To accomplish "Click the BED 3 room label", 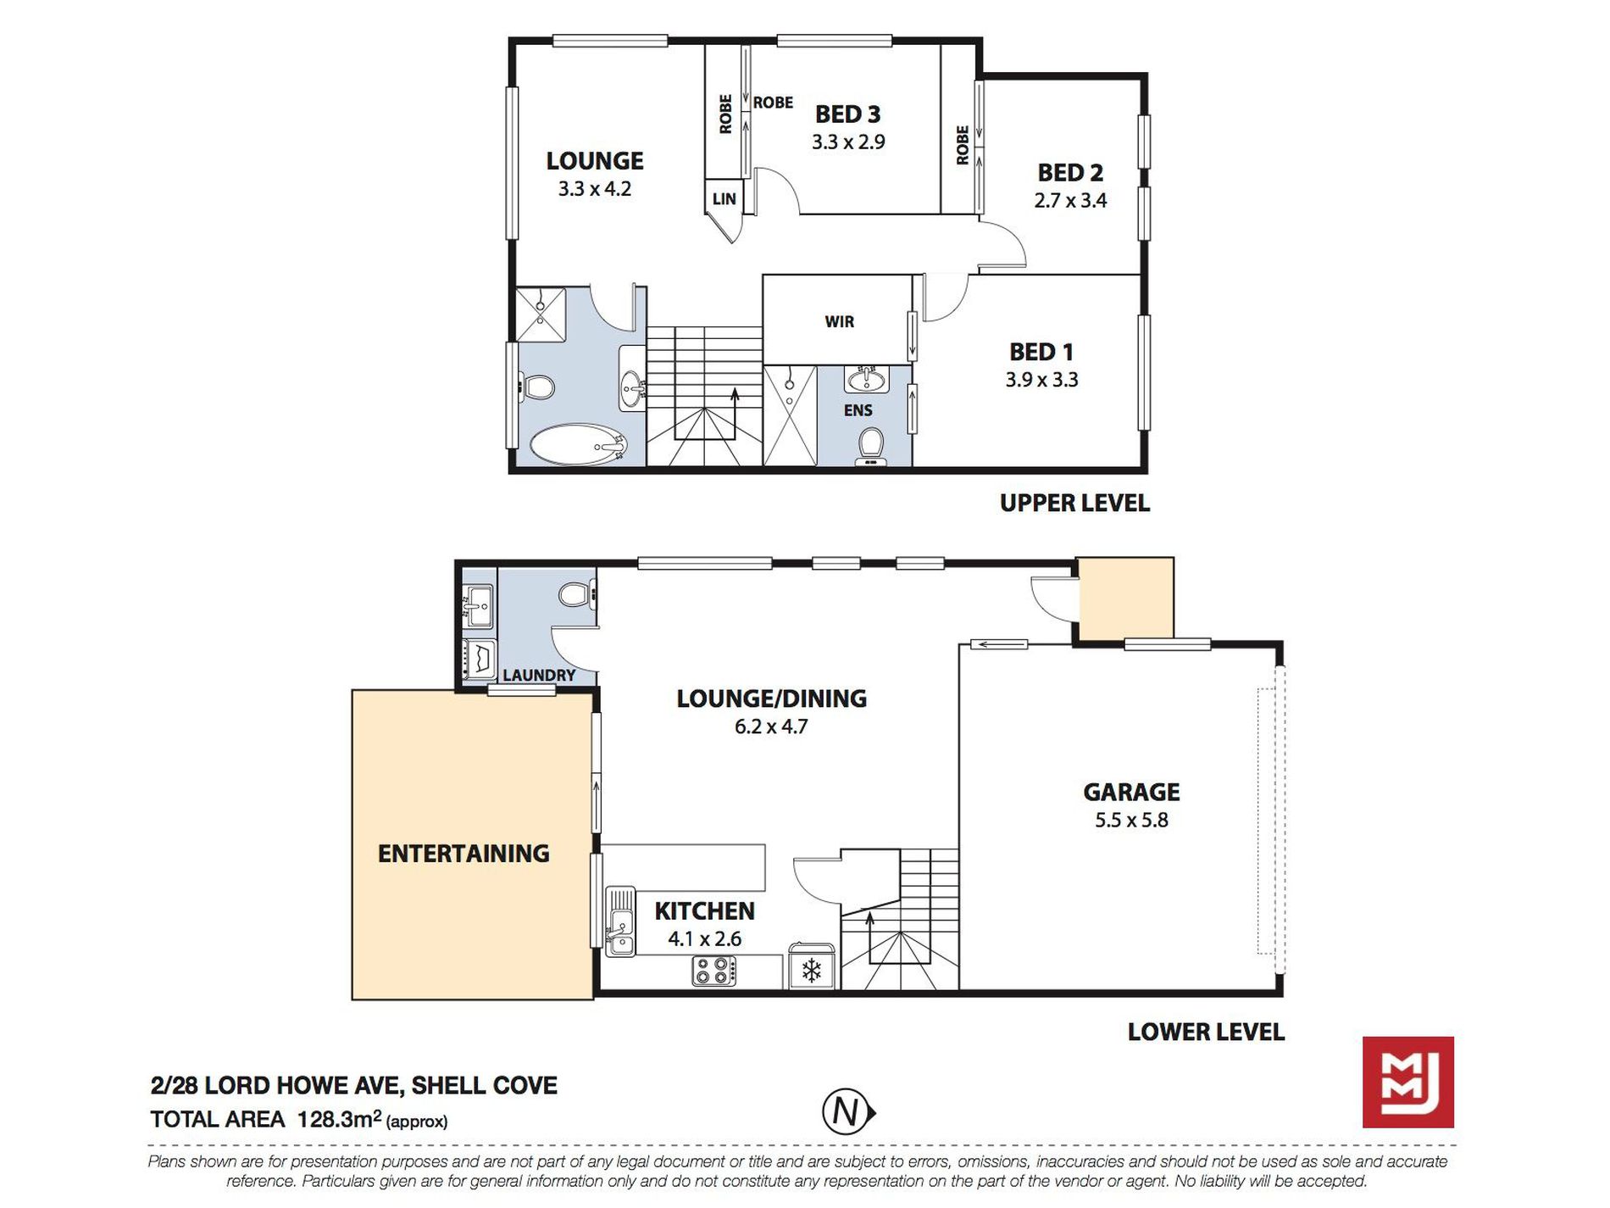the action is pyautogui.click(x=847, y=114).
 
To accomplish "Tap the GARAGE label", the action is pyautogui.click(x=1131, y=792).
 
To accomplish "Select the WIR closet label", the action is pyautogui.click(x=839, y=321).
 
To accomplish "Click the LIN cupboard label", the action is pyautogui.click(x=724, y=199).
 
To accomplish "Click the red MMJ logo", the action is pyautogui.click(x=1407, y=1082).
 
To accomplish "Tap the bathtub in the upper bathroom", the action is pyautogui.click(x=578, y=444).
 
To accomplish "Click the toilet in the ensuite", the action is pyautogui.click(x=870, y=446).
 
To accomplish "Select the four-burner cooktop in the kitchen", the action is pyautogui.click(x=714, y=971).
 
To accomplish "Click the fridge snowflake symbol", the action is pyautogui.click(x=812, y=970).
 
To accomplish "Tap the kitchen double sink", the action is pyautogui.click(x=620, y=921).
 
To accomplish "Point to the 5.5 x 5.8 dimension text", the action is pyautogui.click(x=1131, y=820).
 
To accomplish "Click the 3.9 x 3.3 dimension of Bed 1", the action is pyautogui.click(x=1041, y=380).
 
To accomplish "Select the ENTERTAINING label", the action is pyautogui.click(x=464, y=853).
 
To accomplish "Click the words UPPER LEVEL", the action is pyautogui.click(x=1074, y=503).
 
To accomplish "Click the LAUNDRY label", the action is pyautogui.click(x=539, y=676).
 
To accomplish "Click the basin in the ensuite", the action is pyautogui.click(x=866, y=379).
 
